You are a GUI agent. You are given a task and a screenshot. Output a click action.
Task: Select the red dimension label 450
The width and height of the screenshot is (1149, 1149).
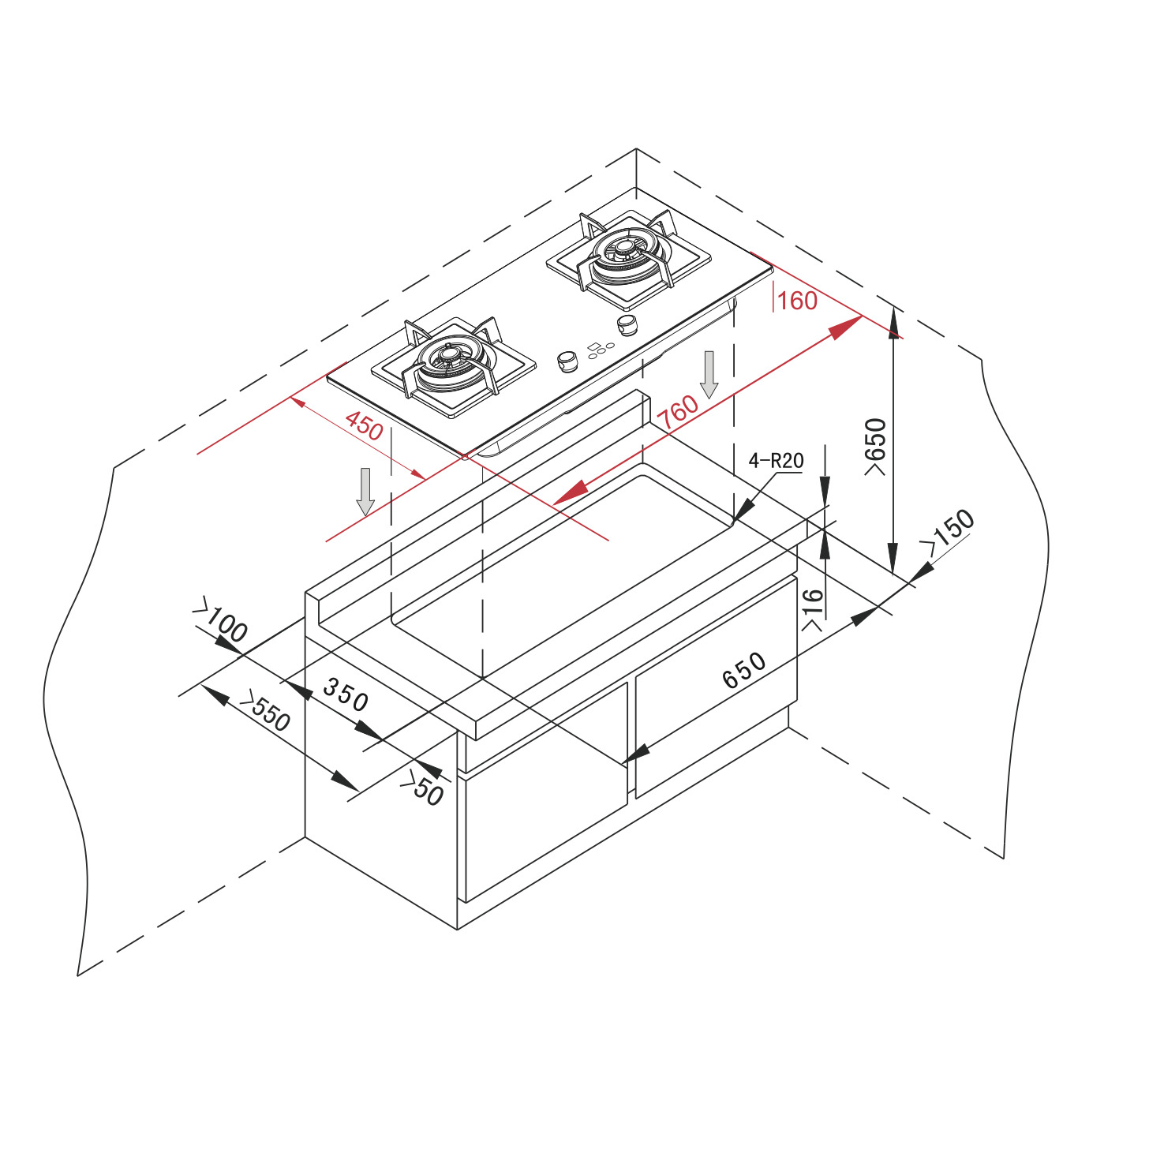(x=365, y=425)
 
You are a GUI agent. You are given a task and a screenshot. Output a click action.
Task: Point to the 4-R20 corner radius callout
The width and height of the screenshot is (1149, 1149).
(x=777, y=460)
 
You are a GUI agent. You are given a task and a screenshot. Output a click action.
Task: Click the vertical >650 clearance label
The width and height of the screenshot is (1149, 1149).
(x=875, y=447)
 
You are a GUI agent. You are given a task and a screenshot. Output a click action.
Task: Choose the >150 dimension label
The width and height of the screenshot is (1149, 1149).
(x=947, y=530)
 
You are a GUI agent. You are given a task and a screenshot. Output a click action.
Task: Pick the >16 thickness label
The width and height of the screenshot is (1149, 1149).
(x=813, y=610)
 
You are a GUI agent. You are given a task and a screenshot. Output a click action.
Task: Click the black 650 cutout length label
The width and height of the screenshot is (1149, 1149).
(x=743, y=670)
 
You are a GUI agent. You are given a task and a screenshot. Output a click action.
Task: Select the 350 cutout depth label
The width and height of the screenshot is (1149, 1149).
(x=345, y=695)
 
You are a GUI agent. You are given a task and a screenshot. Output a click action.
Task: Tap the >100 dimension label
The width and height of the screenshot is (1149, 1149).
(x=220, y=619)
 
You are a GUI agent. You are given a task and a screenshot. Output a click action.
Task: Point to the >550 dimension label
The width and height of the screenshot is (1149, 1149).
(x=264, y=711)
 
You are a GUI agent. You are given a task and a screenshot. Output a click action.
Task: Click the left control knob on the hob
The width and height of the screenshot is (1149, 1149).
(x=567, y=361)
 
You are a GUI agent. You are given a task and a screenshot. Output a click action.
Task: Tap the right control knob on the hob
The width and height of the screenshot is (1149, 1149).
(x=627, y=326)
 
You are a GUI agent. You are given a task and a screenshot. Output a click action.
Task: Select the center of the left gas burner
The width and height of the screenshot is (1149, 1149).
(x=447, y=356)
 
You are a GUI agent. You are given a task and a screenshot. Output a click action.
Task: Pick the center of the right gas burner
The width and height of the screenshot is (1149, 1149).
(x=626, y=246)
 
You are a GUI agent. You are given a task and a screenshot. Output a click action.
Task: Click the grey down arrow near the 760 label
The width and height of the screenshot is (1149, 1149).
(x=709, y=375)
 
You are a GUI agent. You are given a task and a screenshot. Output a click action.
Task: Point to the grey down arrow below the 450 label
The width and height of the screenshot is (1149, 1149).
(x=365, y=492)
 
